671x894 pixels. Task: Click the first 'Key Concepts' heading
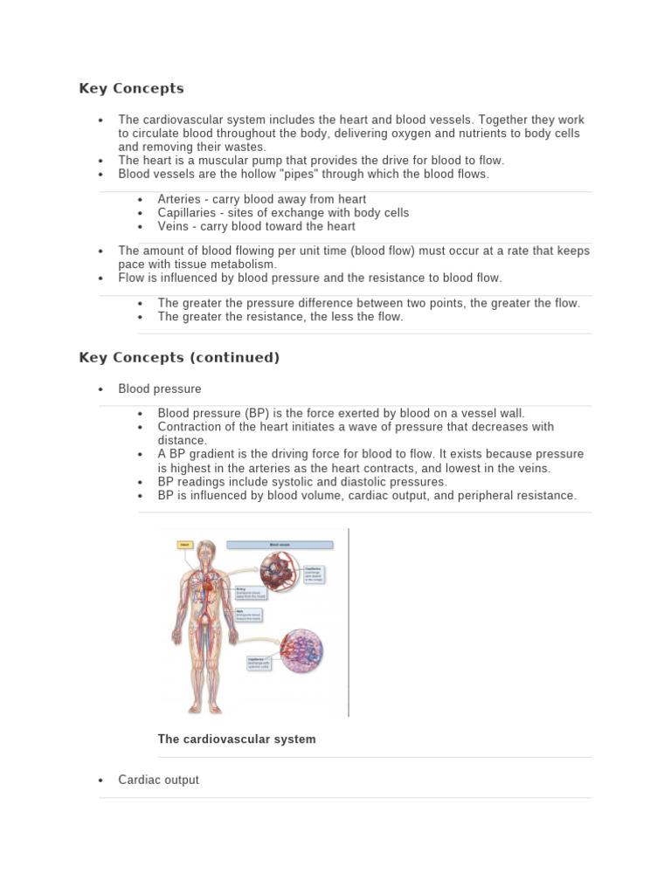(131, 88)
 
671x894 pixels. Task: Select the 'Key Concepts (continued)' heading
(179, 357)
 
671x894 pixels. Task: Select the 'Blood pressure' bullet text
(160, 389)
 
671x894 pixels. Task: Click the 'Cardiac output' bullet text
(159, 780)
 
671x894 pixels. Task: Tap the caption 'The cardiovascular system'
(237, 739)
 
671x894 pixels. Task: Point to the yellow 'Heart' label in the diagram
(184, 545)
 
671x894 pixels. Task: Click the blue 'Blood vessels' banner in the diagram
(280, 545)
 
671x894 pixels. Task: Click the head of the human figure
(206, 552)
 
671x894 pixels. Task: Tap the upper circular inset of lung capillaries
(280, 573)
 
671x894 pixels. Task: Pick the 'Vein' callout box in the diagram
(248, 615)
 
